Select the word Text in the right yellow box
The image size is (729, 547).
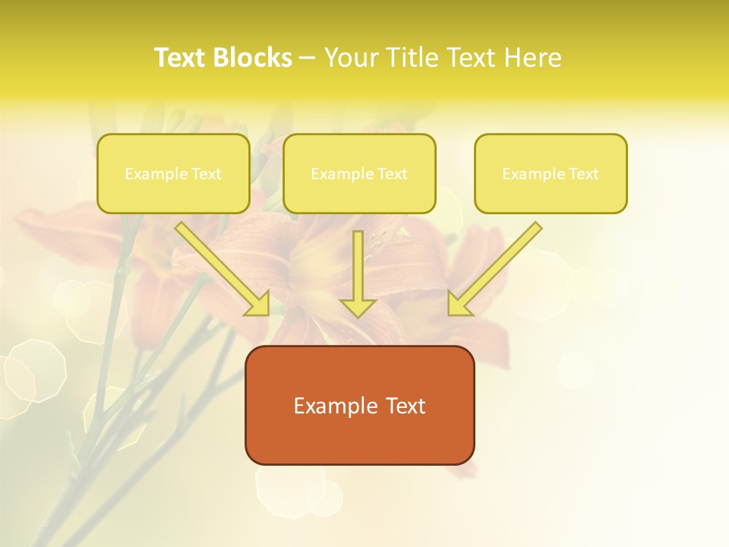click(584, 174)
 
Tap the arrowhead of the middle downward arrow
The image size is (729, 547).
click(358, 307)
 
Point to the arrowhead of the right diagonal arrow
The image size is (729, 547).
click(459, 305)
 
